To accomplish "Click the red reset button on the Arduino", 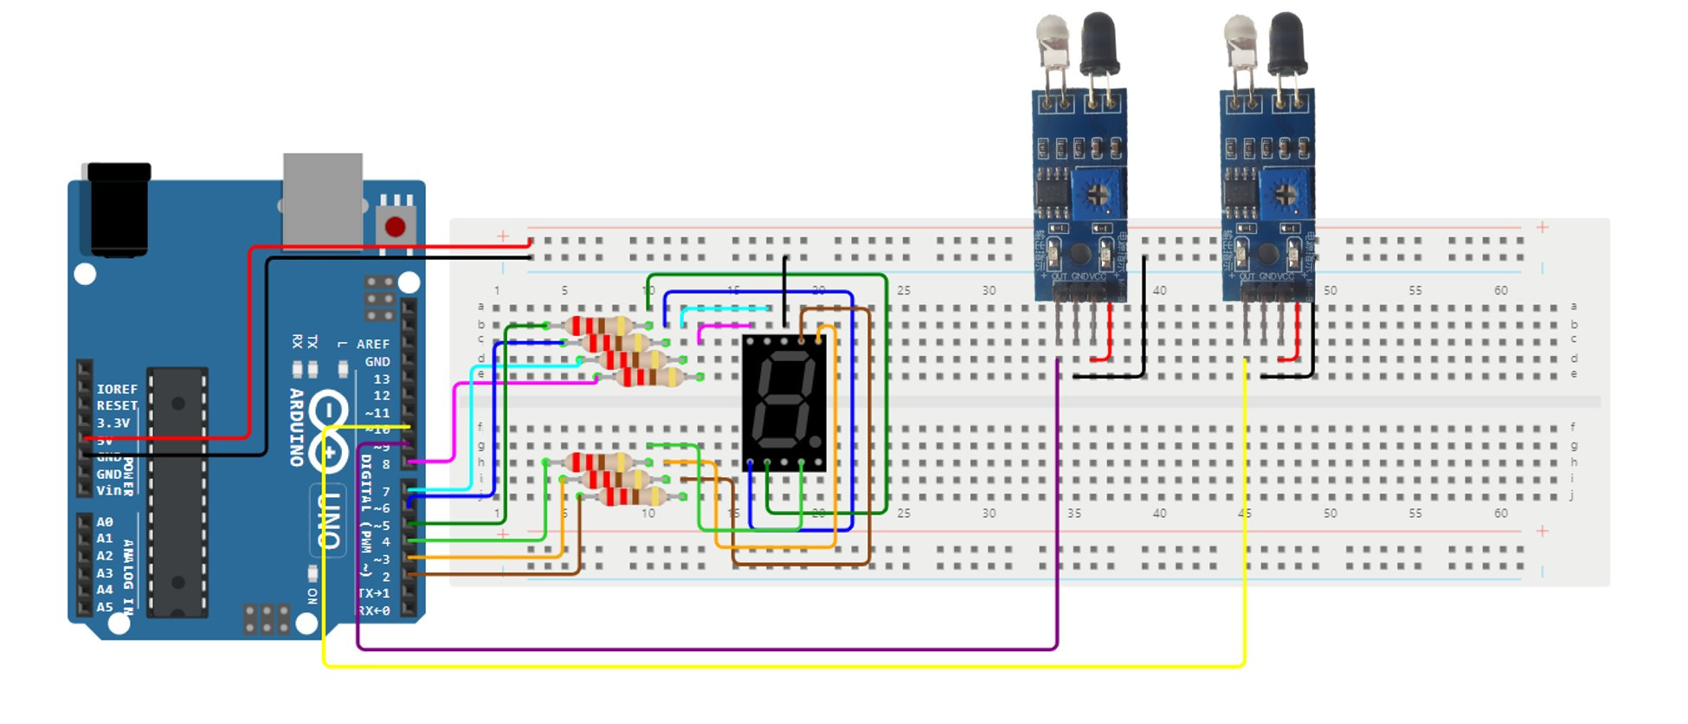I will point(395,227).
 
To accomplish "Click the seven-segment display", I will point(784,403).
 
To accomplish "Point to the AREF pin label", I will point(373,344).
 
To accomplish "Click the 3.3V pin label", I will point(113,423).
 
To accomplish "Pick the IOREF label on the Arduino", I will point(117,389).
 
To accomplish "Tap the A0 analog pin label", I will point(105,521).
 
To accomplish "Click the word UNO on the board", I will point(329,520).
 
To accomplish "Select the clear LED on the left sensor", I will point(1052,39).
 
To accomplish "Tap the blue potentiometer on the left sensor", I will point(1097,195).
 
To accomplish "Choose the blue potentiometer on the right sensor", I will point(1285,195).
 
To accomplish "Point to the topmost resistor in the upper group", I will point(597,326).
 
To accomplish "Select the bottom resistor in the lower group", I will point(632,496).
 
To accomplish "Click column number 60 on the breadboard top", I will point(1500,290).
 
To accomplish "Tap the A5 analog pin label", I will point(105,606).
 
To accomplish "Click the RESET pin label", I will point(117,405).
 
